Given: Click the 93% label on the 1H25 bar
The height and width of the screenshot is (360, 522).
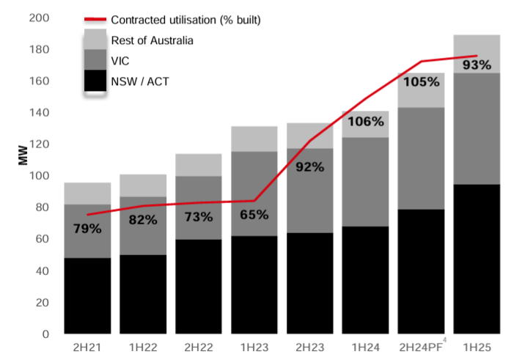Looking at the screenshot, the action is tap(477, 65).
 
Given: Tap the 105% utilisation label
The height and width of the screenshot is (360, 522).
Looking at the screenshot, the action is tap(422, 82).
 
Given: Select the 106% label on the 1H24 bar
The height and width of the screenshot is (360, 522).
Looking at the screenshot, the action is tap(366, 122).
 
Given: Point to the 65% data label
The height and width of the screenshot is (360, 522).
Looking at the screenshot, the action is tap(254, 215).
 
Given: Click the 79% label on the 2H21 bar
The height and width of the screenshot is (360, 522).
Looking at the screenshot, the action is tap(87, 229).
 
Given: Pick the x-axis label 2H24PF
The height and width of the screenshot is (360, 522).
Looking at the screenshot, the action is tap(421, 348).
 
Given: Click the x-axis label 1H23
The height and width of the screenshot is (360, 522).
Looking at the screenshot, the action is tap(254, 348).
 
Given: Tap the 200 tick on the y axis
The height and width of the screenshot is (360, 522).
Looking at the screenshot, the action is tap(39, 18).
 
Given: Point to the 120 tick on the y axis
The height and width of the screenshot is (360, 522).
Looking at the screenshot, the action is tap(39, 144).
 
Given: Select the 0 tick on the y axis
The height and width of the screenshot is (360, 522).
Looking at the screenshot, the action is tap(45, 334).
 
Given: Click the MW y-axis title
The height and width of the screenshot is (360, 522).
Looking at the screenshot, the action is tap(23, 155).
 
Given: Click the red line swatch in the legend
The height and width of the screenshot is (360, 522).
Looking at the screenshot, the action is tap(95, 20).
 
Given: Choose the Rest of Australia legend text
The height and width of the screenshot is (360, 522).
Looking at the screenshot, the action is tap(152, 40).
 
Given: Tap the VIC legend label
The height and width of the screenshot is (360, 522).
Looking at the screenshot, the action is tap(120, 61).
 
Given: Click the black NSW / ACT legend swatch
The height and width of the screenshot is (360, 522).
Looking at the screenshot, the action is tap(95, 80).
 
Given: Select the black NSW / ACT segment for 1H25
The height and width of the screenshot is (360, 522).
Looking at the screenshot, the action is tap(477, 259).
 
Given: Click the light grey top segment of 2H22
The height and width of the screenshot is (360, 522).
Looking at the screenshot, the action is tap(199, 165).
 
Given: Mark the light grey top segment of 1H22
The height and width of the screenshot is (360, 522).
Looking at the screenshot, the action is tap(143, 185).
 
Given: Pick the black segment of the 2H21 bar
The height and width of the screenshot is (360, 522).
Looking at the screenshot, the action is tap(87, 295).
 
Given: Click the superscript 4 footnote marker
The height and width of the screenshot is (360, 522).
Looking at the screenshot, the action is tap(445, 340).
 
